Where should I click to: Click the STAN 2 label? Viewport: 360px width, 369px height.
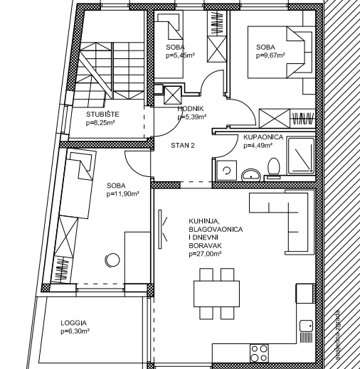(183, 146)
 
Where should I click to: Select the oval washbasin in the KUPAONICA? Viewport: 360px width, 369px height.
(251, 175)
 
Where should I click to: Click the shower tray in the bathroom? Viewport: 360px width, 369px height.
(301, 156)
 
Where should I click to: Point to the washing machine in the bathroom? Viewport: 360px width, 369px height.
(227, 171)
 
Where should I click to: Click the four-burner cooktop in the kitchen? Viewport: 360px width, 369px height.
(259, 353)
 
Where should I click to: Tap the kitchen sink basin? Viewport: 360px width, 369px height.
(306, 326)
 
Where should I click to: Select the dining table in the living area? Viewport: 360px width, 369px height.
(216, 294)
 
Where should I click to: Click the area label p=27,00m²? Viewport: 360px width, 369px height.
(205, 254)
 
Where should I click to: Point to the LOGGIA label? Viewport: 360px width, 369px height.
(73, 323)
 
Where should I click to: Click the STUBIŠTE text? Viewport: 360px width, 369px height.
(102, 114)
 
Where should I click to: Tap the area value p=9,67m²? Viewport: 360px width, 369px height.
(270, 55)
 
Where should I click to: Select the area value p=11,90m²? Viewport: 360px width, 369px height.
(122, 194)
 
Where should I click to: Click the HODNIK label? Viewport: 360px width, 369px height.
(191, 109)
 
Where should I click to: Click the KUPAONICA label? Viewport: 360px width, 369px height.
(263, 137)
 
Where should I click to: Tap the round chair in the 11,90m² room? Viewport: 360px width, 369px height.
(112, 260)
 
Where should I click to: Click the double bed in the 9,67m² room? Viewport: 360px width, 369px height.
(280, 52)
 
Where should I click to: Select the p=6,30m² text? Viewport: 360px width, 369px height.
(75, 331)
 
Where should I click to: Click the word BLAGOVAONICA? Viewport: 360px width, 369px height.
(216, 230)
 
